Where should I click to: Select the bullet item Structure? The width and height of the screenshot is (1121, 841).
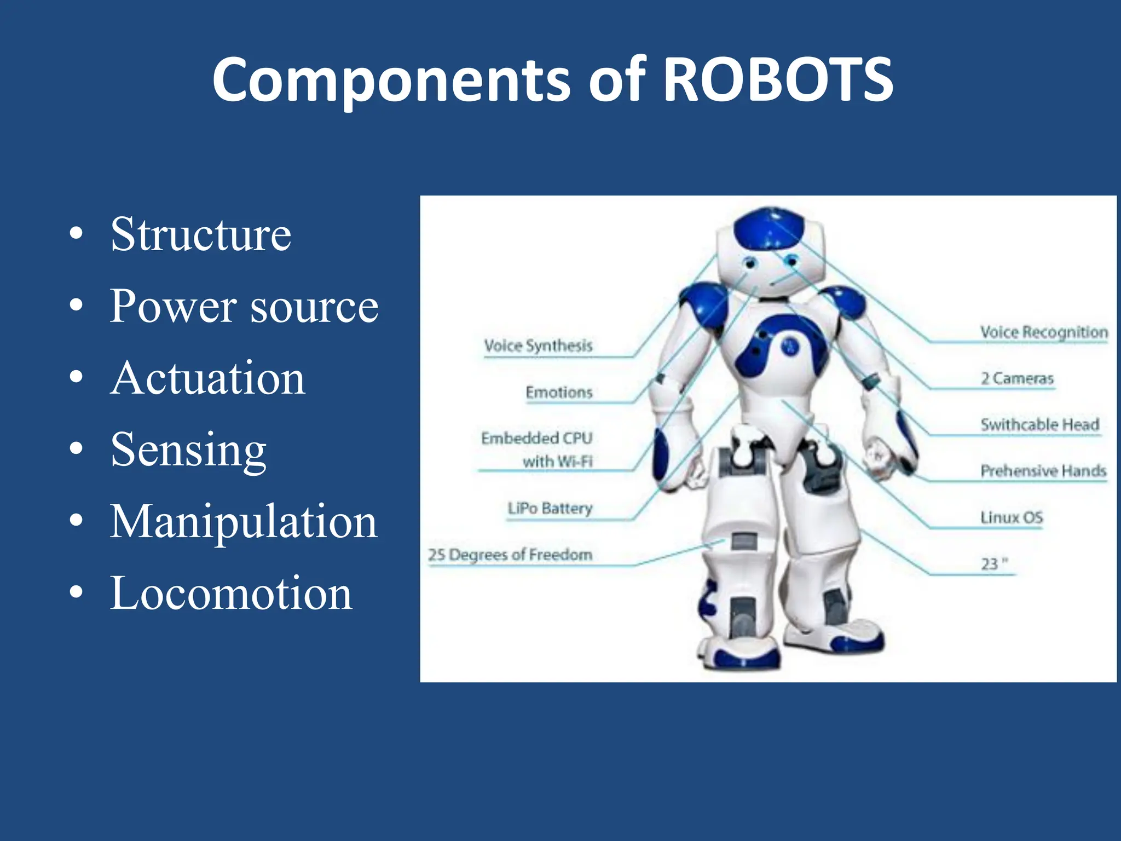[x=200, y=235]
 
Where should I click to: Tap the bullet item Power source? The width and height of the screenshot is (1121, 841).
[x=244, y=307]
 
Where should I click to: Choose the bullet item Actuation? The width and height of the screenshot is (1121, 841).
[x=207, y=378]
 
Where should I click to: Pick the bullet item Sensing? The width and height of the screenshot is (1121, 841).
[x=188, y=451]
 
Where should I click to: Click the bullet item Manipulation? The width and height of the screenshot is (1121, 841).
[x=244, y=522]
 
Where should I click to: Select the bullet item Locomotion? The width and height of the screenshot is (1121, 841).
[x=231, y=594]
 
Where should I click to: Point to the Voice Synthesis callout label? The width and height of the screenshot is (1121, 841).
[x=538, y=346]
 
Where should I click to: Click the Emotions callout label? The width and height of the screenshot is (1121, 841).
[x=559, y=393]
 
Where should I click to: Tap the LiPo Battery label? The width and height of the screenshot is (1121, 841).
[x=550, y=509]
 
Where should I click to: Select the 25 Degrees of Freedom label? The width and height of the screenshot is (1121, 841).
[x=510, y=555]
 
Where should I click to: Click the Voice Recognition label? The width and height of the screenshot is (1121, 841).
[x=1043, y=332]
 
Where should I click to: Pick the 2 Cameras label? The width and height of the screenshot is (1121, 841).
[x=1017, y=379]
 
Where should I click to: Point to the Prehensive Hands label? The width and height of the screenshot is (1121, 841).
[x=1043, y=471]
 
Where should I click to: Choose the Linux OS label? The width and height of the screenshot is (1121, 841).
[x=1012, y=518]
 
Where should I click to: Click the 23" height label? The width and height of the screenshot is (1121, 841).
[x=994, y=564]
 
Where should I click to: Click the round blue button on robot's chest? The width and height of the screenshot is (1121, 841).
[x=789, y=346]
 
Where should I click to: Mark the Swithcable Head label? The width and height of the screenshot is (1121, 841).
[x=1039, y=425]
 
